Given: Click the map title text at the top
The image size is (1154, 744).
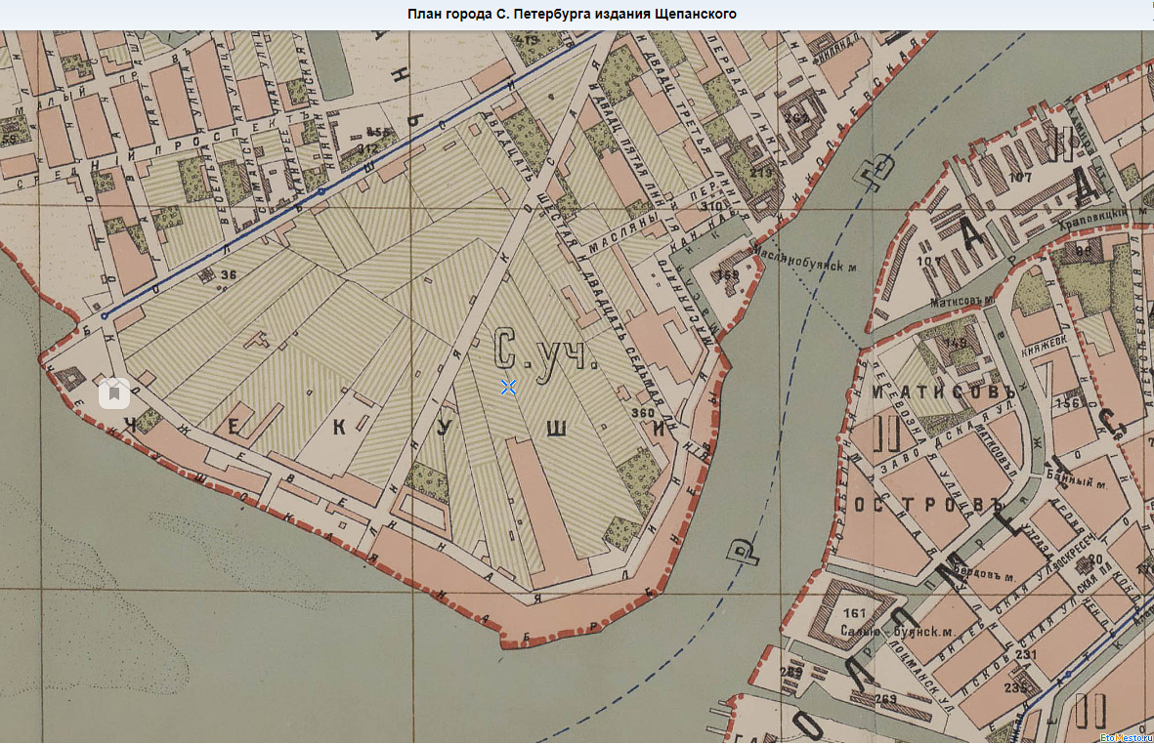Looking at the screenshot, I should coord(572,14).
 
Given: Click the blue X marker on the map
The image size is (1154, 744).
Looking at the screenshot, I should coord(508,388).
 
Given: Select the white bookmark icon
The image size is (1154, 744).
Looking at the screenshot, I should coord(114,393).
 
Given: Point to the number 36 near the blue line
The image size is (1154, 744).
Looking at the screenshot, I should coord(230,275).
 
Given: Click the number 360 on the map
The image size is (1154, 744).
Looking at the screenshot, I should coord(642,414).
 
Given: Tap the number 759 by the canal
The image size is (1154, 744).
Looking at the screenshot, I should coord(727,275).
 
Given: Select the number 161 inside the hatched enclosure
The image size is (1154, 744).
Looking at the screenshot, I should coord(855,613).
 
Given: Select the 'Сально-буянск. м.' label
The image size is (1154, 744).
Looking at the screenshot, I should coord(883,631).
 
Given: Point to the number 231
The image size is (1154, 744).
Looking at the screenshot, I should coord(1026,655).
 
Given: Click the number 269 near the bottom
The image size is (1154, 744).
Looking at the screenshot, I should coord(885,699).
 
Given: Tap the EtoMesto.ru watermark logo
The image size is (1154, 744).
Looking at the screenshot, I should coord(1124,737).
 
